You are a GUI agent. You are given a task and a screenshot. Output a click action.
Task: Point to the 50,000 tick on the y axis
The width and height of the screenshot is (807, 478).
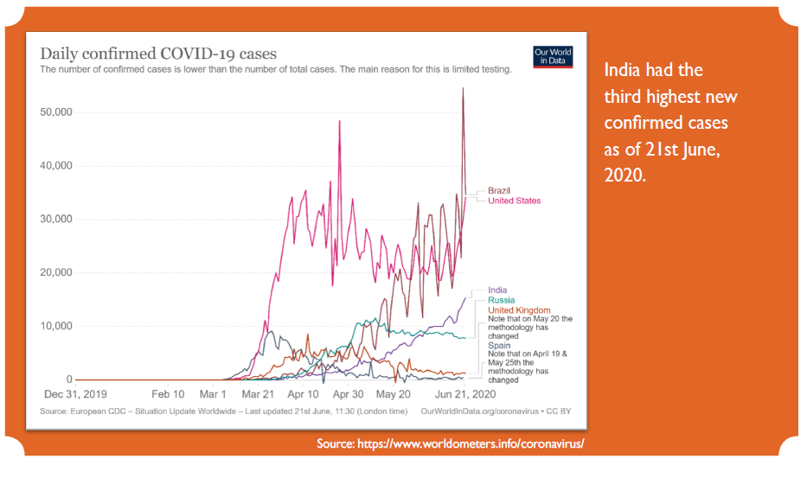pos(56,112)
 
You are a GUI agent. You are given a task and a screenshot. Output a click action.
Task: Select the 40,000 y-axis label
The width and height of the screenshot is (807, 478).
pos(56,166)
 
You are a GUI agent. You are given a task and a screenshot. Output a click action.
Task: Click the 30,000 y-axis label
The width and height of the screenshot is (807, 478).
pos(56,220)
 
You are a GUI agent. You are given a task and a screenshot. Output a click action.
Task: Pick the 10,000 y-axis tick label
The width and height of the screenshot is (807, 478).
pos(56,327)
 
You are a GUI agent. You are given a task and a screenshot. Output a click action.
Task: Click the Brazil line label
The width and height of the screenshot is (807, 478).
pos(499,190)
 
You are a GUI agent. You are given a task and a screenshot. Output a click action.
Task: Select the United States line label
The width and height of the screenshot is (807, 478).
pos(514,201)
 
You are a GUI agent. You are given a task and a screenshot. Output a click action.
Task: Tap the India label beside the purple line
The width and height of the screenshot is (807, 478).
pos(497,290)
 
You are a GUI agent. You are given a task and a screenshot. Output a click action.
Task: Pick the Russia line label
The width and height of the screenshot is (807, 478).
pos(502,300)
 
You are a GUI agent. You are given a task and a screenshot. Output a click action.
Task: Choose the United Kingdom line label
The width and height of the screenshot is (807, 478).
pos(519,309)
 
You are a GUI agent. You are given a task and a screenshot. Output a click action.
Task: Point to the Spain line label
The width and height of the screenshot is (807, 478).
pos(499,345)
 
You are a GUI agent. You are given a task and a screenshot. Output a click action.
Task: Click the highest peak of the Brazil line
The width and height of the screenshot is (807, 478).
pos(463,88)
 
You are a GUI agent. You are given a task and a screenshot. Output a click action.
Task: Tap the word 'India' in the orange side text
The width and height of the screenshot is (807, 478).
pos(622,70)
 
